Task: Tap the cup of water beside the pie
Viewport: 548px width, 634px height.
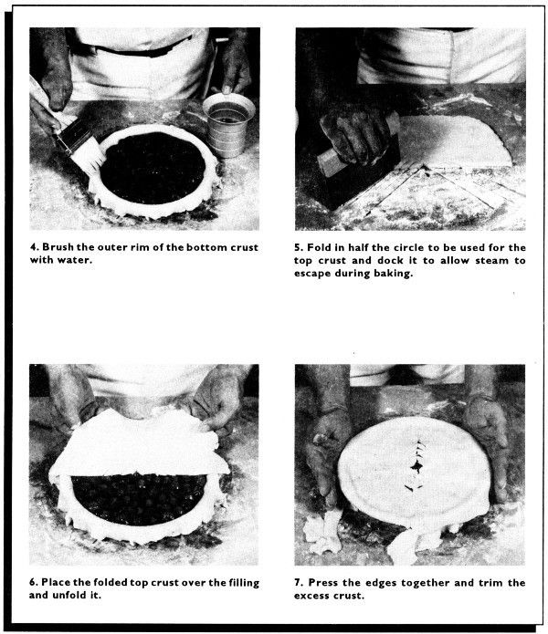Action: [x=228, y=125]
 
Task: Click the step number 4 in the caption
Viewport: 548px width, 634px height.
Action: [x=33, y=247]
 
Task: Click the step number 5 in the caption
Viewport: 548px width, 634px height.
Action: [x=298, y=247]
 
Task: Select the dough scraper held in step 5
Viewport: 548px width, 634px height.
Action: [x=358, y=161]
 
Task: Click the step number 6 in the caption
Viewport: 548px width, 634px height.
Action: [x=32, y=583]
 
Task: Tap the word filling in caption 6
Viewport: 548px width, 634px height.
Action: [x=243, y=583]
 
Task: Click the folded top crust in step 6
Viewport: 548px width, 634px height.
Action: [x=138, y=445]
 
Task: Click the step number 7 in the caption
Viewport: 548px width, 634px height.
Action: [x=298, y=583]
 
